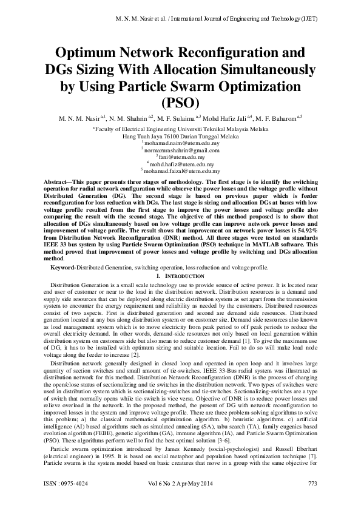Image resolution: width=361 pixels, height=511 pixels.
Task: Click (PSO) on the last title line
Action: [x=180, y=101]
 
